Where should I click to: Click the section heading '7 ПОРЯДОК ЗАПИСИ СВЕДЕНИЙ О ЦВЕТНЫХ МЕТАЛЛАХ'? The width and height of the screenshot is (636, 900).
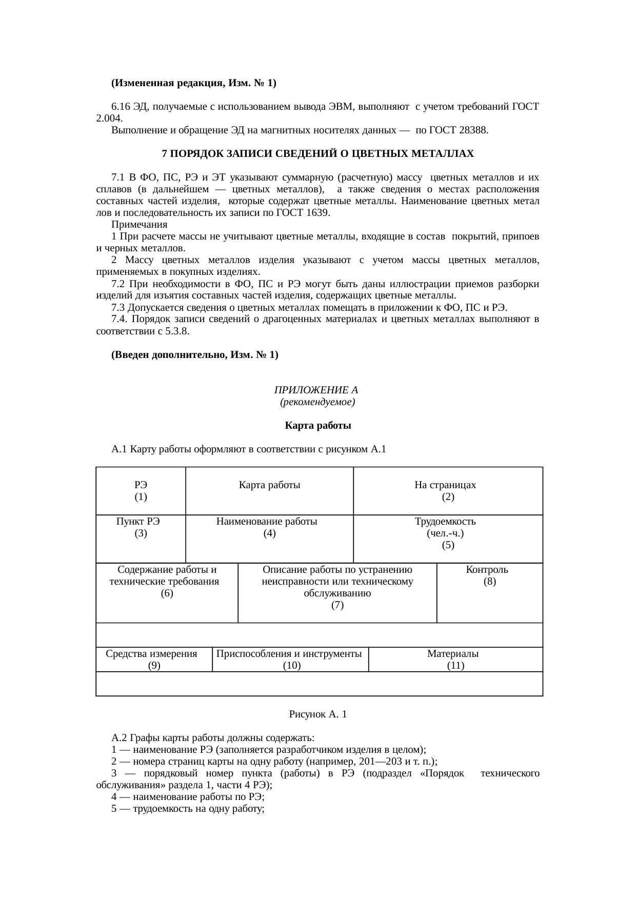(x=317, y=154)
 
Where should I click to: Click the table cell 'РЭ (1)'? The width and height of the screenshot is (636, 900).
(x=141, y=491)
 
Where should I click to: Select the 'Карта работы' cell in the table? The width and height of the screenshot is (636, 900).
(x=269, y=485)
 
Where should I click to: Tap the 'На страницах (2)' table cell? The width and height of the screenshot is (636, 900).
(x=448, y=491)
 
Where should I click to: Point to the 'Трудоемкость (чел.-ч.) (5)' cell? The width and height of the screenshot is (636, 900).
(x=448, y=533)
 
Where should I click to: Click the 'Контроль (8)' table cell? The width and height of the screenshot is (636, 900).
(x=489, y=576)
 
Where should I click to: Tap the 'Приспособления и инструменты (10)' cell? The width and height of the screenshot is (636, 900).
(x=290, y=659)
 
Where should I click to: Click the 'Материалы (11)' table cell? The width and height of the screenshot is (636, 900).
(x=455, y=659)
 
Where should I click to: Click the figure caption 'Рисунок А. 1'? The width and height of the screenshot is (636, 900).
(x=317, y=714)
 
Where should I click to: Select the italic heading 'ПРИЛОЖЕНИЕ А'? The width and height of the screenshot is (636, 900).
(x=316, y=390)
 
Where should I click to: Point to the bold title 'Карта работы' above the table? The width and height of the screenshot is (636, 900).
(x=317, y=426)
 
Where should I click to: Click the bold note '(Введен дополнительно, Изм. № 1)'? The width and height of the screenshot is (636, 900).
(x=195, y=354)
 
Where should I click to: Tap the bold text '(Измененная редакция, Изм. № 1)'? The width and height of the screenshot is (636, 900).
(x=193, y=83)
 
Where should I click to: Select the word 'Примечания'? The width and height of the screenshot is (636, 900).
(x=139, y=225)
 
